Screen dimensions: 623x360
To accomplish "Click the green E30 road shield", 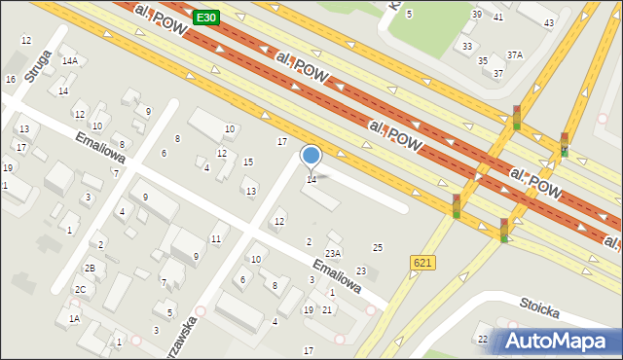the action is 205,17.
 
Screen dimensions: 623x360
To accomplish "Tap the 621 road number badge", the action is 422,263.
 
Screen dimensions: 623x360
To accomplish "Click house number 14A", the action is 69,60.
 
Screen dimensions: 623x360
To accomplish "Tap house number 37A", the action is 514,54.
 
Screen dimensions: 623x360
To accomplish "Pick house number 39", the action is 476,14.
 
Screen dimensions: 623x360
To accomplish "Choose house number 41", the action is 498,17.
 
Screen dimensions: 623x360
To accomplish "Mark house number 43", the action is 549,22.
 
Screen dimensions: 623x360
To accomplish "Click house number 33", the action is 468,46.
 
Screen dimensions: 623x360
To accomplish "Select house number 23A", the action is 333,253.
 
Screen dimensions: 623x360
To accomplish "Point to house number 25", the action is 378,248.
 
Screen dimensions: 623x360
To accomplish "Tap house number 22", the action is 482,338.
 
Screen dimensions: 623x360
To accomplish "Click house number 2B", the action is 89,268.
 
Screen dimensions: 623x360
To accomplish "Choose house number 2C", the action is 81,289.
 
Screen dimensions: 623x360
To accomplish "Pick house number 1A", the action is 73,317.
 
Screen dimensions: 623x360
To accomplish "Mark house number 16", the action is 10,79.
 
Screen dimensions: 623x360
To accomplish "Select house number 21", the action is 327,309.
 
